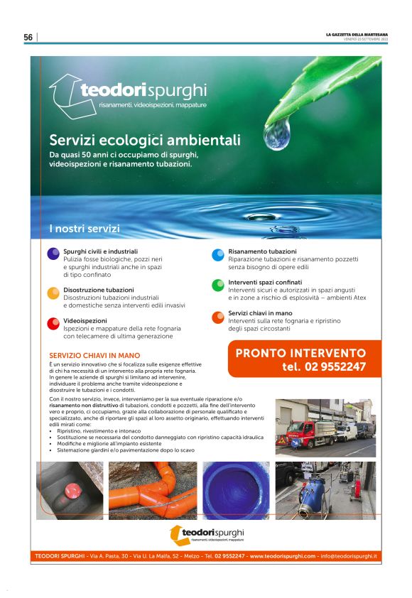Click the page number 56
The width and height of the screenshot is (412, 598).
28,37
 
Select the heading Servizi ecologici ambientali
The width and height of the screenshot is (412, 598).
145,140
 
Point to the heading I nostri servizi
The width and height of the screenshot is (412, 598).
84,229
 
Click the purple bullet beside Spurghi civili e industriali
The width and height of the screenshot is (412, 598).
53,254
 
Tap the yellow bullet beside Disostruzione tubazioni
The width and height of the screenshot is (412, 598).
53,293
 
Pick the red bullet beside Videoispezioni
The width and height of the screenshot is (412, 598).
53,323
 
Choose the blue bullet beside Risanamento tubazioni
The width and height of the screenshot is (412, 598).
217,254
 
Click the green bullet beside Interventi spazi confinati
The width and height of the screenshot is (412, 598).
217,285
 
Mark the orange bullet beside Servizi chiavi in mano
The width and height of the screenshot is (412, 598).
217,316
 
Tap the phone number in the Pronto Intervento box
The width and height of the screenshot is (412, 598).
324,367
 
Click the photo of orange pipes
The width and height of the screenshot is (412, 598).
153,490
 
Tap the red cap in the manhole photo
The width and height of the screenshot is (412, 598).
72,489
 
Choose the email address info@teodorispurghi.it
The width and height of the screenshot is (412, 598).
348,555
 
